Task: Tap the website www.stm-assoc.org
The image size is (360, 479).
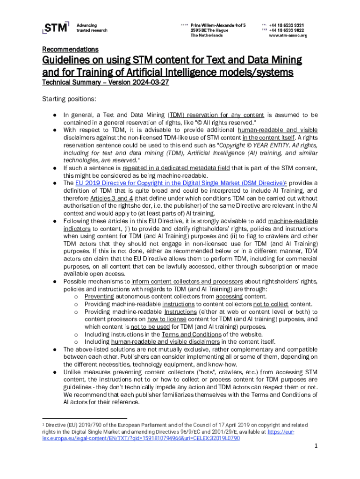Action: click(288, 36)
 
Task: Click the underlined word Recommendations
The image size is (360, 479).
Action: click(70, 49)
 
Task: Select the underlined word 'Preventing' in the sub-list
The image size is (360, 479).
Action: click(99, 297)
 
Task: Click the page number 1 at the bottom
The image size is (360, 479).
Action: click(316, 446)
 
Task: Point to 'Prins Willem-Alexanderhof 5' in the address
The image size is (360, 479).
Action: click(218, 24)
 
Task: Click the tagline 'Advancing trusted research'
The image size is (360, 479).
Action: click(92, 27)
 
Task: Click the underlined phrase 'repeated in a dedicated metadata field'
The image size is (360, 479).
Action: click(181, 168)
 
